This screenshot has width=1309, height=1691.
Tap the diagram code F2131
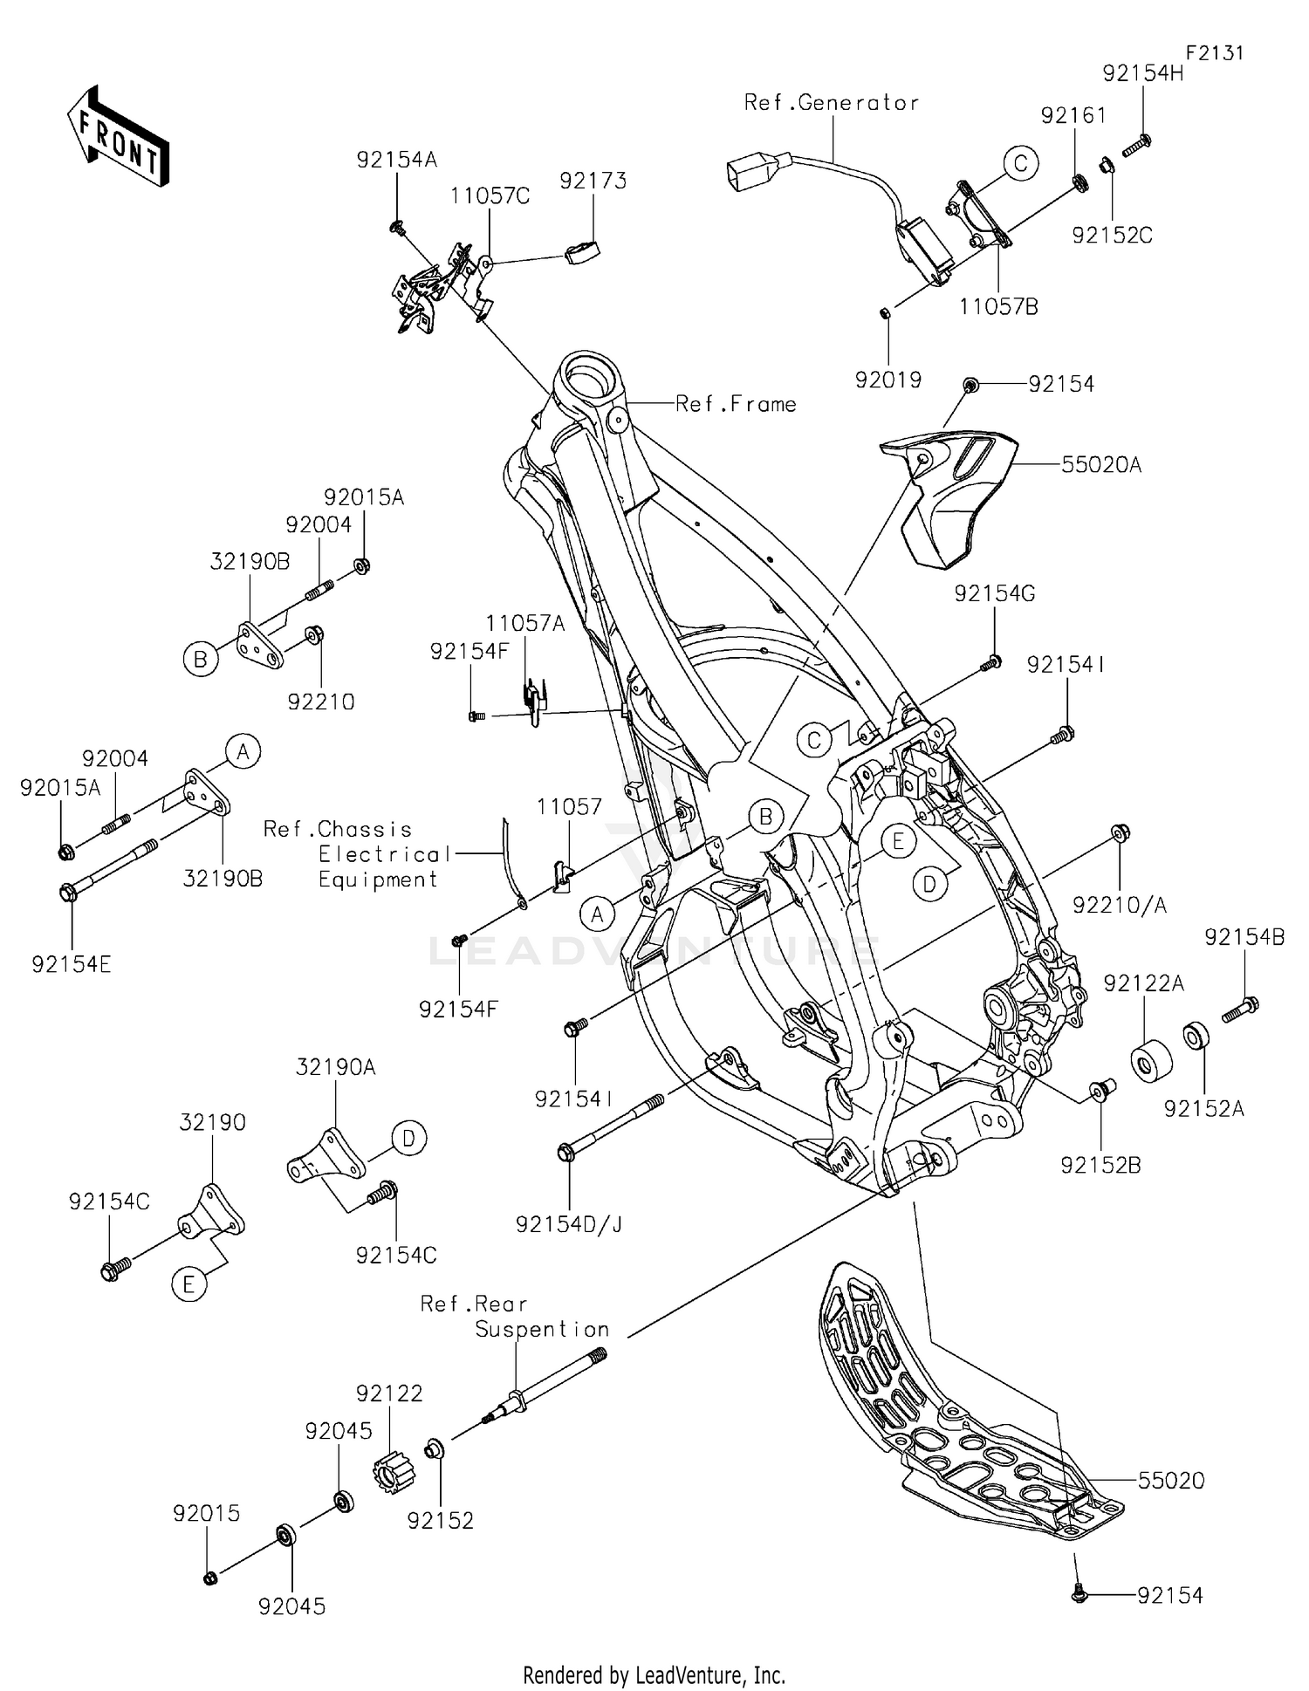click(x=1214, y=52)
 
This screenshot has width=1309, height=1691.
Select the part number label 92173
click(x=593, y=181)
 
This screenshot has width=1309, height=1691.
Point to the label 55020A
click(x=1100, y=465)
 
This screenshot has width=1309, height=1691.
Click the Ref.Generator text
click(x=831, y=103)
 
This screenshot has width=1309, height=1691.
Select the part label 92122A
click(x=1143, y=984)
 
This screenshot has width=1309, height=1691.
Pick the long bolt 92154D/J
click(x=611, y=1126)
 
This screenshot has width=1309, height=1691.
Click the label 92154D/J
click(x=569, y=1224)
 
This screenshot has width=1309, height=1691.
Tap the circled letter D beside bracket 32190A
click(x=408, y=1139)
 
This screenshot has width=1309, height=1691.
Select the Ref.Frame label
click(x=736, y=404)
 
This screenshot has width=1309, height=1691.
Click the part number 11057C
click(x=490, y=196)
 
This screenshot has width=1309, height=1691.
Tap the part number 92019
click(x=888, y=380)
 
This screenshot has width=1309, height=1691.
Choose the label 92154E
click(x=72, y=964)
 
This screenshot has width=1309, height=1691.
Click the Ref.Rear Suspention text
click(x=515, y=1317)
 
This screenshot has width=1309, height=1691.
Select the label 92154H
click(x=1142, y=73)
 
